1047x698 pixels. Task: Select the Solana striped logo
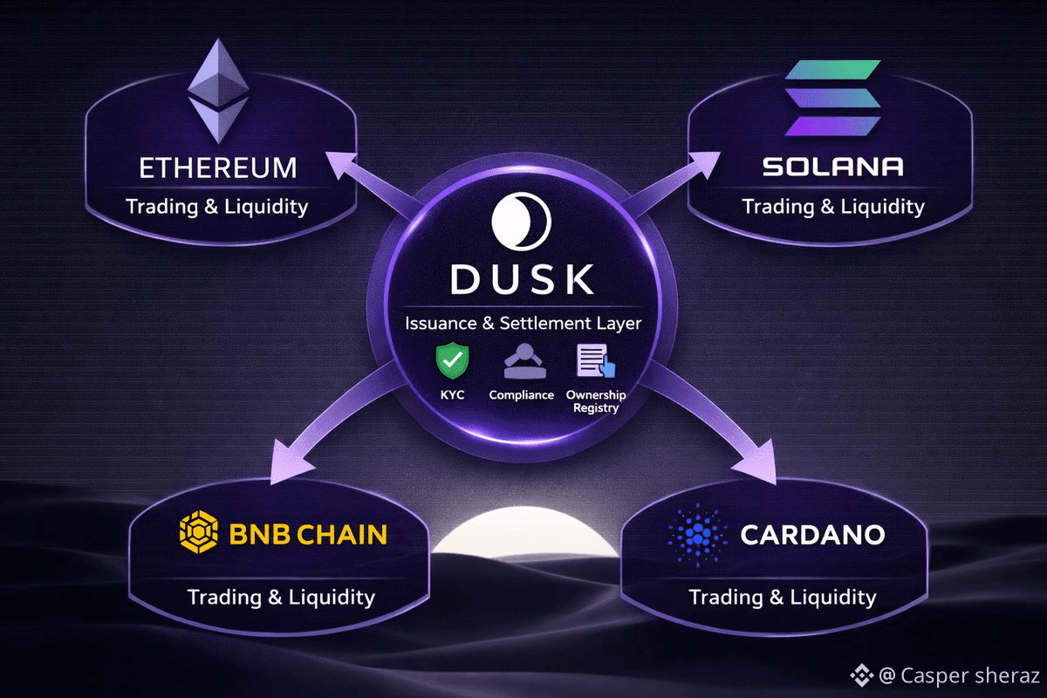point(833,99)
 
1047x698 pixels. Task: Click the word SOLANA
point(832,167)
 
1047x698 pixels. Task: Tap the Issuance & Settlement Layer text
point(523,324)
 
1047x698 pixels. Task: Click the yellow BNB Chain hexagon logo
point(198,533)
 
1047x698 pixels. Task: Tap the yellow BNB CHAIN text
point(308,534)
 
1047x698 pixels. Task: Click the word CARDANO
point(812,534)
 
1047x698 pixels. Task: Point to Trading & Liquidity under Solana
point(832,207)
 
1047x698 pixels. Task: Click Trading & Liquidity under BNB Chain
point(281,597)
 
